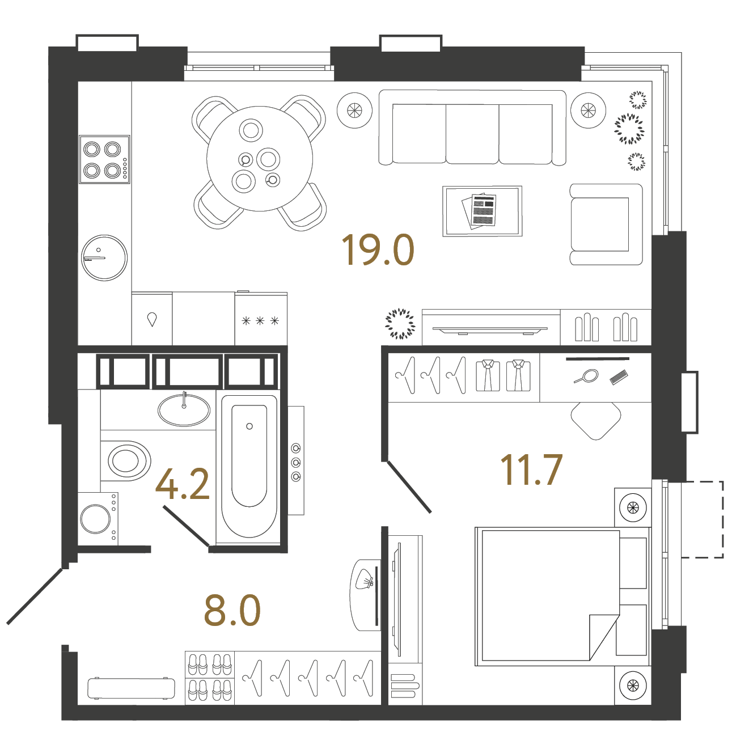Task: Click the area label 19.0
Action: coord(378,250)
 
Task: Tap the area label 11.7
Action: coord(531,469)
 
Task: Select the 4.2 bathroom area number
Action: coord(183,484)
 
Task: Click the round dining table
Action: coord(260,158)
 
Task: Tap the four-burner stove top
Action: coord(104,159)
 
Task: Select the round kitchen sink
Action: coord(104,258)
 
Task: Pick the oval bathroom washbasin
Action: coord(184,410)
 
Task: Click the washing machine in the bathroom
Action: coord(98,518)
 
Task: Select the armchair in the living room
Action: coord(606,224)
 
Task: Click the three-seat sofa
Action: coord(472,128)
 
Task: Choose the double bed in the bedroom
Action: coord(562,596)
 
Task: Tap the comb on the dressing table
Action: coord(619,378)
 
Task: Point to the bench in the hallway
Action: coord(132,688)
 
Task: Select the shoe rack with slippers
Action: coord(210,678)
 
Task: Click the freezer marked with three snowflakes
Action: coord(261,319)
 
